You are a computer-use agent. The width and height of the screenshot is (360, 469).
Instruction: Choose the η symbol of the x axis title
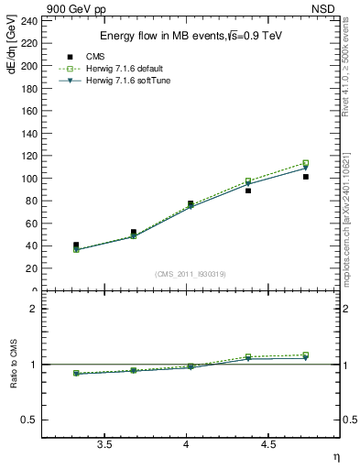pos(335,455)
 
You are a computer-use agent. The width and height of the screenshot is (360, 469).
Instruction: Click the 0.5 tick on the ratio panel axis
pos(31,420)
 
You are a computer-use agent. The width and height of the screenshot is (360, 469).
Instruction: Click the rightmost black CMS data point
pos(306,177)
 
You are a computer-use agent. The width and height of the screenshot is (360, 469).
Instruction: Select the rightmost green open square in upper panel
pos(306,163)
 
